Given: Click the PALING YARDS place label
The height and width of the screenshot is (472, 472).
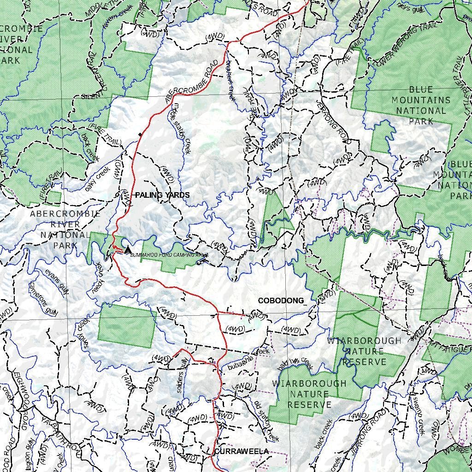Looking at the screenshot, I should tap(162, 195).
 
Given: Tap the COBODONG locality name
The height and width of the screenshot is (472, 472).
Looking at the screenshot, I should tap(281, 301).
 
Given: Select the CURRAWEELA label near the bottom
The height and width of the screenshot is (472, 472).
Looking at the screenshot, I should tap(241, 451).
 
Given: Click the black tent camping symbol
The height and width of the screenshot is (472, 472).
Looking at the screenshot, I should tap(128, 249).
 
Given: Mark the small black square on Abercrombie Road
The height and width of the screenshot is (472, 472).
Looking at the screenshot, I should tap(140, 135).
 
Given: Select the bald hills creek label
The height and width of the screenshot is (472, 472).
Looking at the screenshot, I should tap(295, 364).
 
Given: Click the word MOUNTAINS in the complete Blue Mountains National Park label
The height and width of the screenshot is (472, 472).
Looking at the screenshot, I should tap(421, 100).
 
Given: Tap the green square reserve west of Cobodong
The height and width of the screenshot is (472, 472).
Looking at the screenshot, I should tap(125, 325).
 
